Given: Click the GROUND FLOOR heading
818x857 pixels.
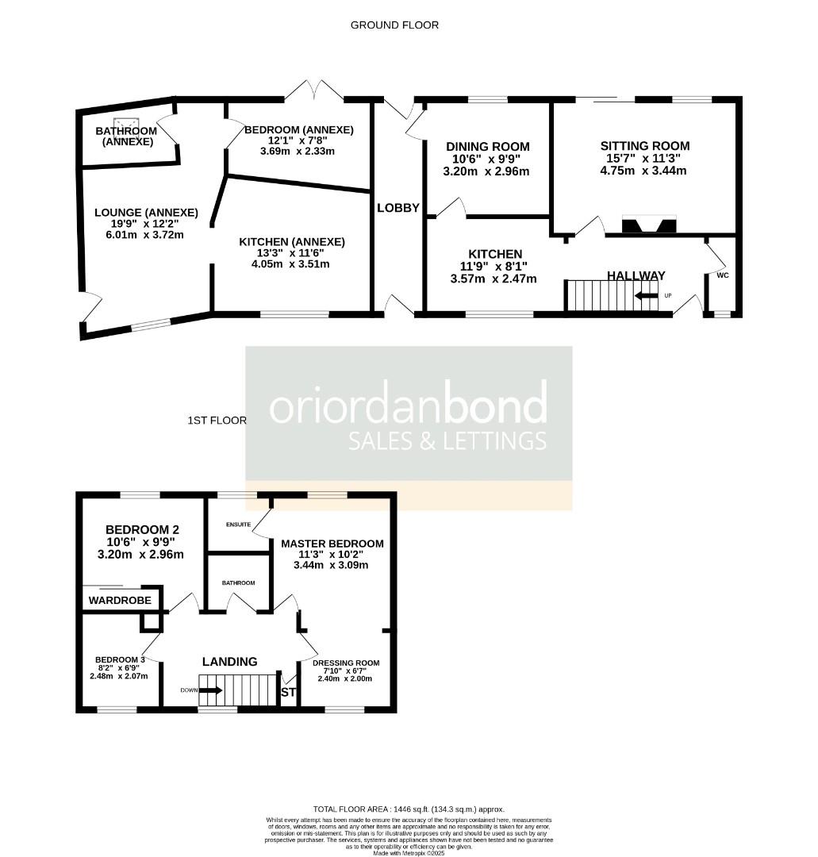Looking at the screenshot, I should click(x=394, y=25).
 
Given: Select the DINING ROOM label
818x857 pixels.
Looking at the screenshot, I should click(x=487, y=147).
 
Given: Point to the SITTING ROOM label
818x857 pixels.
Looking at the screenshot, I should click(x=644, y=146).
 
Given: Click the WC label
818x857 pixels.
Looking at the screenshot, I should click(x=722, y=275).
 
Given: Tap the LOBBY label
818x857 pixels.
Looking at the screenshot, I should click(x=398, y=208).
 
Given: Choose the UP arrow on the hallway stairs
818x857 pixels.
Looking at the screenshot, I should click(x=647, y=296).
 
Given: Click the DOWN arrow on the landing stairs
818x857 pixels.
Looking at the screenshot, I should click(x=211, y=690).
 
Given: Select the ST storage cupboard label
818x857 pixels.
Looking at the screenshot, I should click(x=289, y=693).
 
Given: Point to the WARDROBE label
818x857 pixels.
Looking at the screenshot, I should click(x=120, y=601).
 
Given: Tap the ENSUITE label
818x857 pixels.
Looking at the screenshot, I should click(x=238, y=525).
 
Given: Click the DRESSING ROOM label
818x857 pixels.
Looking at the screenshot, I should click(x=346, y=663).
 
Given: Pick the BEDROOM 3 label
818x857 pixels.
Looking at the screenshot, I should click(x=120, y=659).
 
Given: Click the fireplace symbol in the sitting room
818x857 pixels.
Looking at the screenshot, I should click(x=649, y=225).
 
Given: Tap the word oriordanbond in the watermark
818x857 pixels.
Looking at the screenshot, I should click(x=408, y=405).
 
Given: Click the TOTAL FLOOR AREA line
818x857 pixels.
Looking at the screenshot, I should click(x=409, y=809).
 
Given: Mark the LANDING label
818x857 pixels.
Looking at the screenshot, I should click(x=229, y=662).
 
